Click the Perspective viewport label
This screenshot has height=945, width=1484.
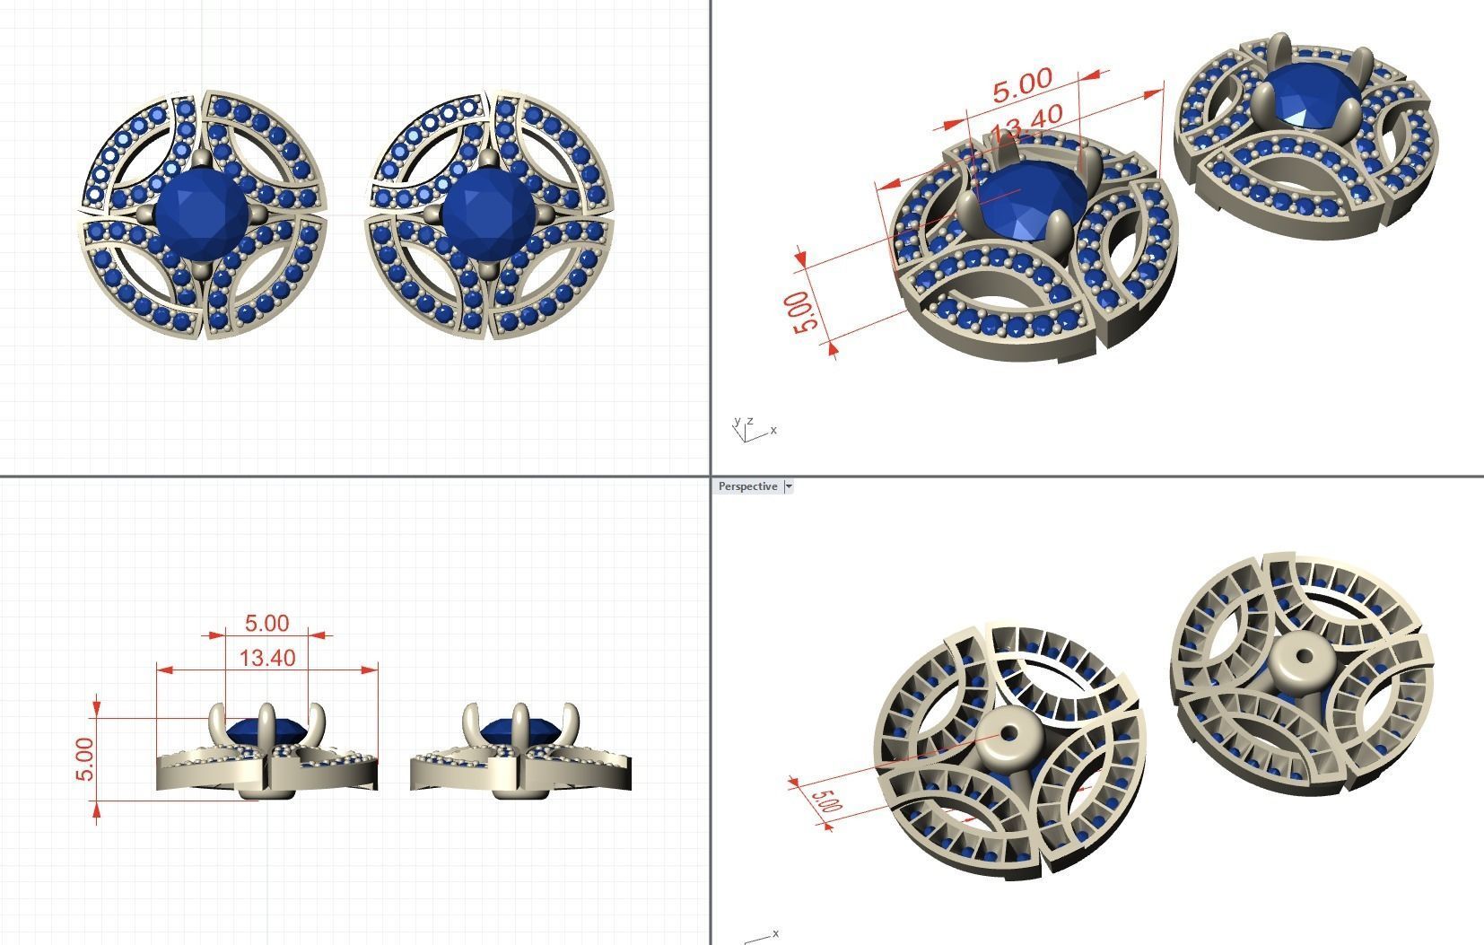[747, 486]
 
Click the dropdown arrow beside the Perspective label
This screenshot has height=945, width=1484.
[789, 486]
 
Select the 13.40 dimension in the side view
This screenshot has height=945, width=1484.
[267, 658]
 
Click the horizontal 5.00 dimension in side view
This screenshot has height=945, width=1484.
[266, 623]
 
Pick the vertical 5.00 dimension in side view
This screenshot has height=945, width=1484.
[84, 759]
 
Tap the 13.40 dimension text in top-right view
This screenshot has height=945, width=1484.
[1029, 122]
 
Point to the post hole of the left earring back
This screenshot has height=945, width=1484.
[1008, 733]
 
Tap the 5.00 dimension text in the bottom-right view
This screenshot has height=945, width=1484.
[826, 801]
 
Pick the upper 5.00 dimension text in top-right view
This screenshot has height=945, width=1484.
[1022, 84]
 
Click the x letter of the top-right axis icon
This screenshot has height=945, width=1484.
[773, 430]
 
